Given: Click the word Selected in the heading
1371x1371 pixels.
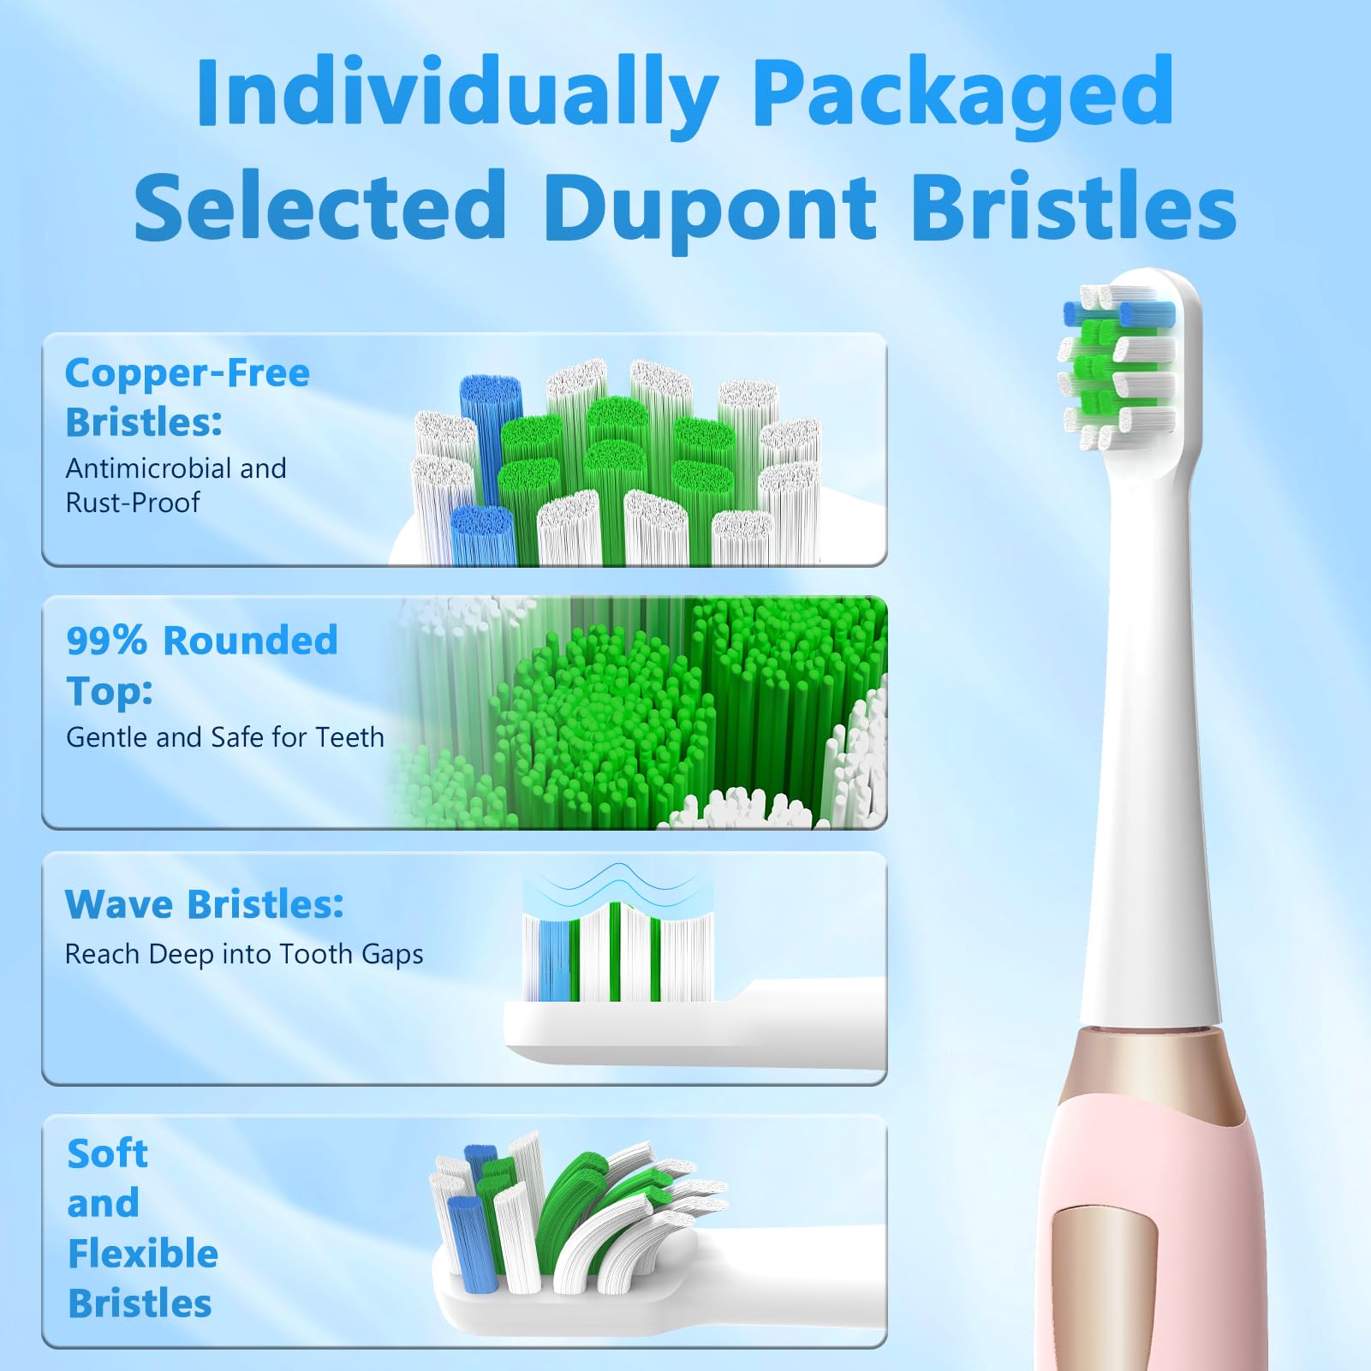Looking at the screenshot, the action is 321,205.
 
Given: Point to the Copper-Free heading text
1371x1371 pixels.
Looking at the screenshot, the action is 188,373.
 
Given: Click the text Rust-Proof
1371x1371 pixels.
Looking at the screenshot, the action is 133,502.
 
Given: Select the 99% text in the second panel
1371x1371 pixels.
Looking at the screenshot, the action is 106,641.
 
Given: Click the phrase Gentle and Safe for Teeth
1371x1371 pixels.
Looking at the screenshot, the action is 225,736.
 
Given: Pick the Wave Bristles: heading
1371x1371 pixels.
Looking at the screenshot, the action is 205,904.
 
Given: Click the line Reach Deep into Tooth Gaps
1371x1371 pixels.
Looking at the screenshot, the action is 244,955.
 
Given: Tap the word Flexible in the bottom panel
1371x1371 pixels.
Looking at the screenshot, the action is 143,1254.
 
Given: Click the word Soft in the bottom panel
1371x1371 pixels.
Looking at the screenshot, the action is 108,1153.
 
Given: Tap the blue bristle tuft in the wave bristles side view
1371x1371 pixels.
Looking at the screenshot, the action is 554,960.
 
